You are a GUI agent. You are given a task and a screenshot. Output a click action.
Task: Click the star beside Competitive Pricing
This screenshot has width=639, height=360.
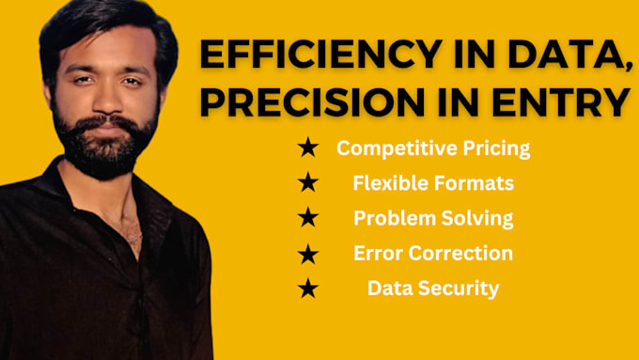point(307,148)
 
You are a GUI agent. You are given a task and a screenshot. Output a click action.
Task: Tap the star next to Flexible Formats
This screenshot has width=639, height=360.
point(307,183)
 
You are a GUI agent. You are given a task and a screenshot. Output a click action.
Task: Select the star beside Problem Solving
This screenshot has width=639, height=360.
point(307,218)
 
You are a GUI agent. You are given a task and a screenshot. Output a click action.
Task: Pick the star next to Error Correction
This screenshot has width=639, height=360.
point(307,254)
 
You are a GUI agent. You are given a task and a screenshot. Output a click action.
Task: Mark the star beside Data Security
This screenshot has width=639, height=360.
point(307,289)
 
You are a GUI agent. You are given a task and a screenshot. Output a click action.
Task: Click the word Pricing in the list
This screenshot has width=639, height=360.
point(495,148)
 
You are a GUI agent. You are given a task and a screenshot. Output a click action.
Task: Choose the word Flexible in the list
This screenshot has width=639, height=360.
point(385,183)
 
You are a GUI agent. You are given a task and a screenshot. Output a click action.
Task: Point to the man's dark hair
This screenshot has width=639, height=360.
point(94,23)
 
